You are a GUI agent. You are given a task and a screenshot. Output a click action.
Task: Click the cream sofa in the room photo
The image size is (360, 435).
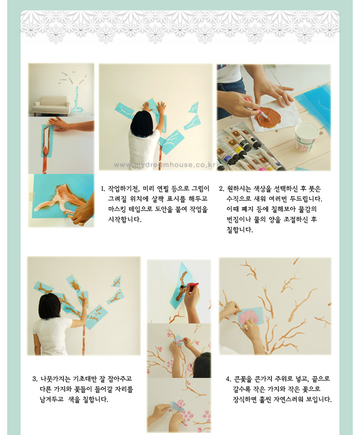click(51, 106)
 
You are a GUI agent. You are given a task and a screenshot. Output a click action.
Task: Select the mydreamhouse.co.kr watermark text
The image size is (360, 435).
click(165, 165)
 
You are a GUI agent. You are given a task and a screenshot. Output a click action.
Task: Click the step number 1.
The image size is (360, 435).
click(103, 189)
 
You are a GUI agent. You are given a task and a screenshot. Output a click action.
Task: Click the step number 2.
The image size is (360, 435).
click(221, 189)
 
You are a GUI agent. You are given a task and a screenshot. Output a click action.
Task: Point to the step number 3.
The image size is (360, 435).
click(34, 379)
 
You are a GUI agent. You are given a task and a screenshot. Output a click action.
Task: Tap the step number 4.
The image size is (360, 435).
click(228, 379)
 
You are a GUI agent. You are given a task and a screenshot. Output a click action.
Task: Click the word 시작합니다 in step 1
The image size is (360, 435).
click(124, 220)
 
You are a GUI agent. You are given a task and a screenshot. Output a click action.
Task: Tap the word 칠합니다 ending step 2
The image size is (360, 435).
click(240, 230)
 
